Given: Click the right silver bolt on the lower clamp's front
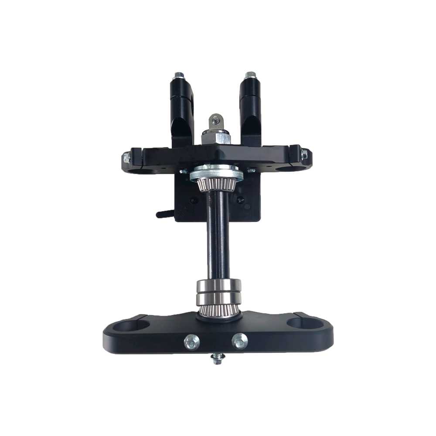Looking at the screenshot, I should (239, 341).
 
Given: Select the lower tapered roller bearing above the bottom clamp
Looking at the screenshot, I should (218, 310).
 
